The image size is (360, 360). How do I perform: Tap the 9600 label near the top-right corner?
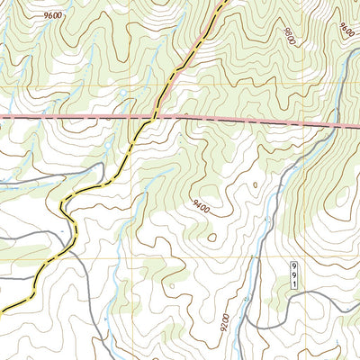click(x=348, y=29)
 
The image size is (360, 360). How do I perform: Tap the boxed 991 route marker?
click(x=293, y=275)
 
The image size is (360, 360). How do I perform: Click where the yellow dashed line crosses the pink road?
click(x=154, y=116)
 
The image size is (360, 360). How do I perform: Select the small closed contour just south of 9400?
click(x=212, y=238)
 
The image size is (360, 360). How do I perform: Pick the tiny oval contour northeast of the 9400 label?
click(x=255, y=185)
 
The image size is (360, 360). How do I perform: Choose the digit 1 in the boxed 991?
click(x=293, y=284)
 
